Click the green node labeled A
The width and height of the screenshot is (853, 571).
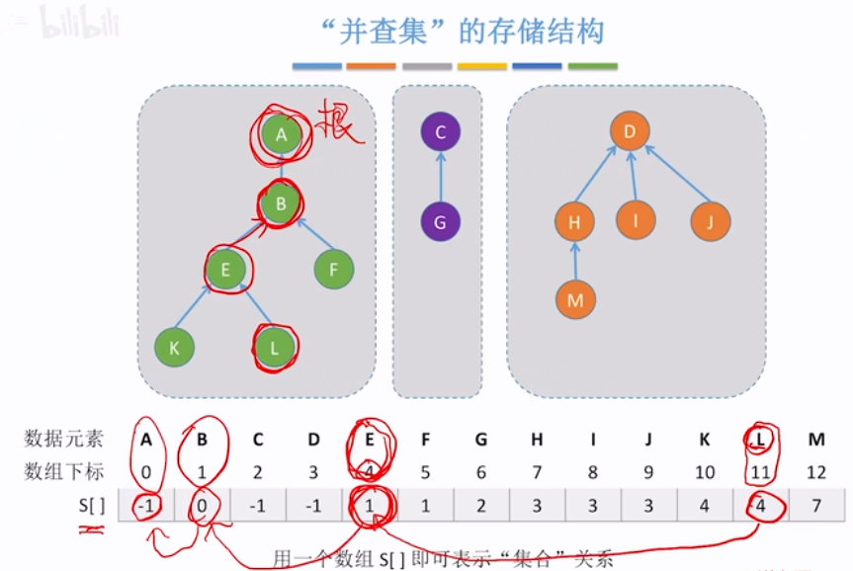tap(282, 134)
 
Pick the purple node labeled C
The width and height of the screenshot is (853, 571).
tap(440, 132)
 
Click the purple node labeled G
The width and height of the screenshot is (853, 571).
tap(440, 222)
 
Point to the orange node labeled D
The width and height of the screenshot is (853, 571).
tap(630, 131)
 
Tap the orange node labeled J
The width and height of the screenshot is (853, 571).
tap(709, 220)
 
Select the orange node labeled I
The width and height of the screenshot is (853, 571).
tap(637, 220)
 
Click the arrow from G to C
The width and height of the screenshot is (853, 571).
tap(440, 178)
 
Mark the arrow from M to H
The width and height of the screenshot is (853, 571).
tap(575, 261)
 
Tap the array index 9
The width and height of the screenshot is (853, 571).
tap(648, 472)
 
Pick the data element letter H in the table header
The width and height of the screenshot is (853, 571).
tap(537, 439)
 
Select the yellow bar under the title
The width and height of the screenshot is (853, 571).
tap(481, 67)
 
